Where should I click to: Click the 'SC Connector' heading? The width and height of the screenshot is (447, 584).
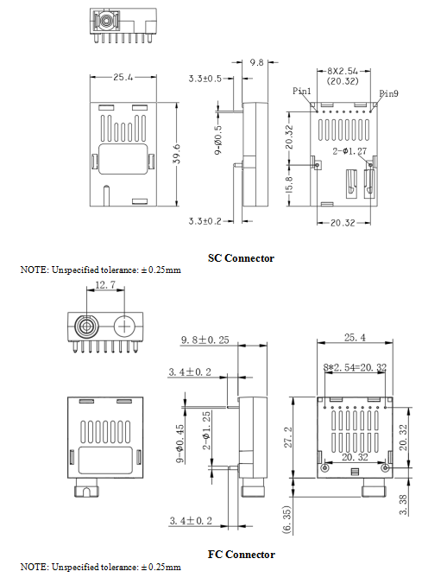(241, 258)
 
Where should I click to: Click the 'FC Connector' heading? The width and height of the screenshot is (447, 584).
(242, 555)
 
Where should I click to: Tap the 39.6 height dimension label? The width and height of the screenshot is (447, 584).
(177, 154)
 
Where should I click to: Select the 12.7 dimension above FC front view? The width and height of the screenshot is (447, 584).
(105, 285)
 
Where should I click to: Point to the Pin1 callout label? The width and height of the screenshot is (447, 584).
(301, 91)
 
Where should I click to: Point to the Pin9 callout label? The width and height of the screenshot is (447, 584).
(388, 93)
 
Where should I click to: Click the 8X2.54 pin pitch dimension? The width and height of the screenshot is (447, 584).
(343, 71)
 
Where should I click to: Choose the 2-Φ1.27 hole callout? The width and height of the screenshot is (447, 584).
(349, 151)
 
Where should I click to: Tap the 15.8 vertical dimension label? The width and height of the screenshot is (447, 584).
(290, 184)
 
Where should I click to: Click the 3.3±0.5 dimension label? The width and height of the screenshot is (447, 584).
(205, 79)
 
